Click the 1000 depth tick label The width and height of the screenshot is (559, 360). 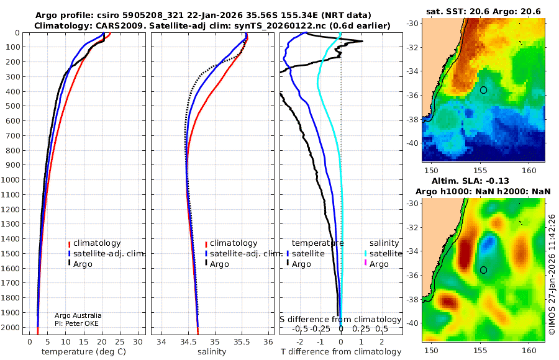tap(10, 179)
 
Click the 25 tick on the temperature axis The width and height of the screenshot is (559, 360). tap(120, 342)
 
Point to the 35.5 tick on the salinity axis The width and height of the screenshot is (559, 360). tap(242, 342)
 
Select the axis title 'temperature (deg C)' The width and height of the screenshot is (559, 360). tap(84, 352)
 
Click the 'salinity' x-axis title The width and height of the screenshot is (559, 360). tap(212, 352)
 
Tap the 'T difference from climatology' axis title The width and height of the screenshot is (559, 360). tap(341, 352)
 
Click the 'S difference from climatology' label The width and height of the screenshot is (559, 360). tap(340, 320)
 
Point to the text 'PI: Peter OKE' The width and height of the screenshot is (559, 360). tap(76, 323)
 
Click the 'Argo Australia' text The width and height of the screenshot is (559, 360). tap(78, 315)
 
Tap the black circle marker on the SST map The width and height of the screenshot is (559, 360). tap(483, 90)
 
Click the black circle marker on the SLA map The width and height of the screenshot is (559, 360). tap(483, 270)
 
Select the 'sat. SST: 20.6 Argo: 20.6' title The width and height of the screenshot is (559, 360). tap(483, 12)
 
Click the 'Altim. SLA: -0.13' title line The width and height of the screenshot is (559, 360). tap(470, 181)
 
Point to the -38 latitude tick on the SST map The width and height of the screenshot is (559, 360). tap(413, 119)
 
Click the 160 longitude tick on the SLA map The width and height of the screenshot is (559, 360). tap(529, 350)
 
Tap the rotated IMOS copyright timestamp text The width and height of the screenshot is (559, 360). tap(552, 274)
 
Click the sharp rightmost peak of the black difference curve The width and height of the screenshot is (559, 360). tap(363, 42)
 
